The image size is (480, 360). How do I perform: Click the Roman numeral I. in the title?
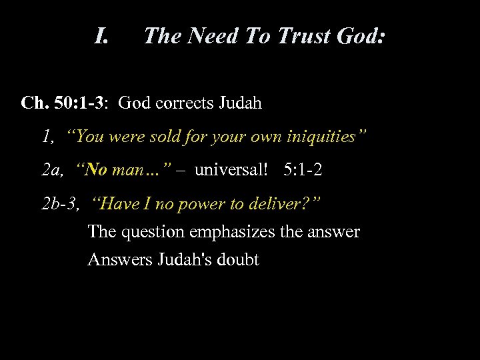[x=101, y=35]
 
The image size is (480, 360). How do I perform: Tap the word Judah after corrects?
[x=238, y=103]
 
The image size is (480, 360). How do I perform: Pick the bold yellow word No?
[x=96, y=170]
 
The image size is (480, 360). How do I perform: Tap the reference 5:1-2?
[x=303, y=170]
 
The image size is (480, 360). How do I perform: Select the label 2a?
[x=54, y=170]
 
